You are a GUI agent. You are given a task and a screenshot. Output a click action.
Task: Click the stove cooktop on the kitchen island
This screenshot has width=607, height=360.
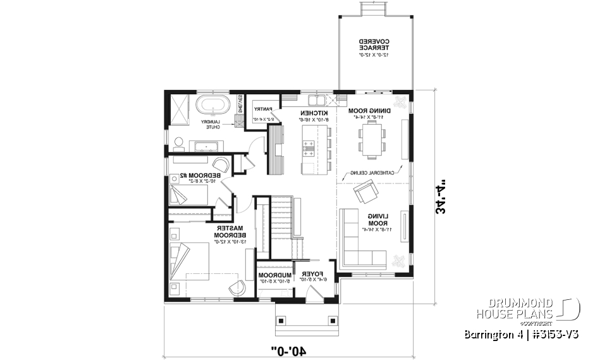pos(310,148)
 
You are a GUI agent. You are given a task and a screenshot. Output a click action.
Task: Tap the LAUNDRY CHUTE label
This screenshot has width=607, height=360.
pos(210,124)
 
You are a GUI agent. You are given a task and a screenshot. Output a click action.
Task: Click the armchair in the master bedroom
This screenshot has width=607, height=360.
pos(238,286)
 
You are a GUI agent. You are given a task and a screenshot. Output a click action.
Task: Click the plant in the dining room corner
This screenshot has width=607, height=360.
pos(399,101)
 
